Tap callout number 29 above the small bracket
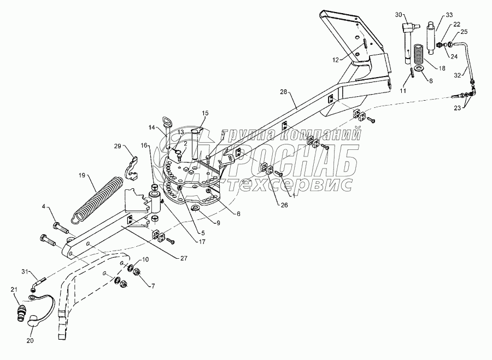click(118, 146)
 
